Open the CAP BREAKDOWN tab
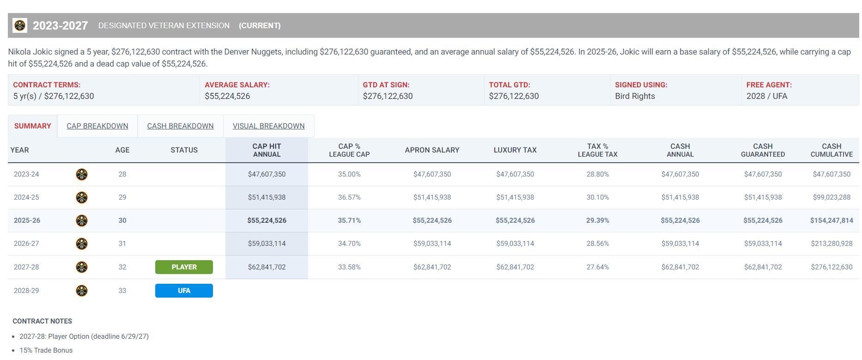pyautogui.click(x=97, y=126)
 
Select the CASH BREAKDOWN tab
pyautogui.click(x=180, y=126)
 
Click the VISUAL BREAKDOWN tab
pyautogui.click(x=268, y=126)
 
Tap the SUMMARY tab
pyautogui.click(x=32, y=126)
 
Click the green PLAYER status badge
pyautogui.click(x=184, y=267)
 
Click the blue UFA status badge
pyautogui.click(x=184, y=291)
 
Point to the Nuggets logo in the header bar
pyautogui.click(x=20, y=25)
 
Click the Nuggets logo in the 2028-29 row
pyautogui.click(x=82, y=291)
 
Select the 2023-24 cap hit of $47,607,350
pyautogui.click(x=267, y=174)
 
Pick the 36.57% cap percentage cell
pyautogui.click(x=349, y=197)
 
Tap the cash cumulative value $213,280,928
pyautogui.click(x=832, y=244)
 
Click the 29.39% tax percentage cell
pyautogui.click(x=597, y=220)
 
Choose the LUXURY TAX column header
pyautogui.click(x=515, y=150)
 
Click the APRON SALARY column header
pyautogui.click(x=432, y=150)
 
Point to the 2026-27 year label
pyautogui.click(x=26, y=244)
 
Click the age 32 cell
pyautogui.click(x=122, y=267)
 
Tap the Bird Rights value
pyautogui.click(x=635, y=96)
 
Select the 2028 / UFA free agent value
pyautogui.click(x=766, y=96)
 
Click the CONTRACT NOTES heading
pyautogui.click(x=42, y=321)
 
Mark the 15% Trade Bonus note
pyautogui.click(x=46, y=350)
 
